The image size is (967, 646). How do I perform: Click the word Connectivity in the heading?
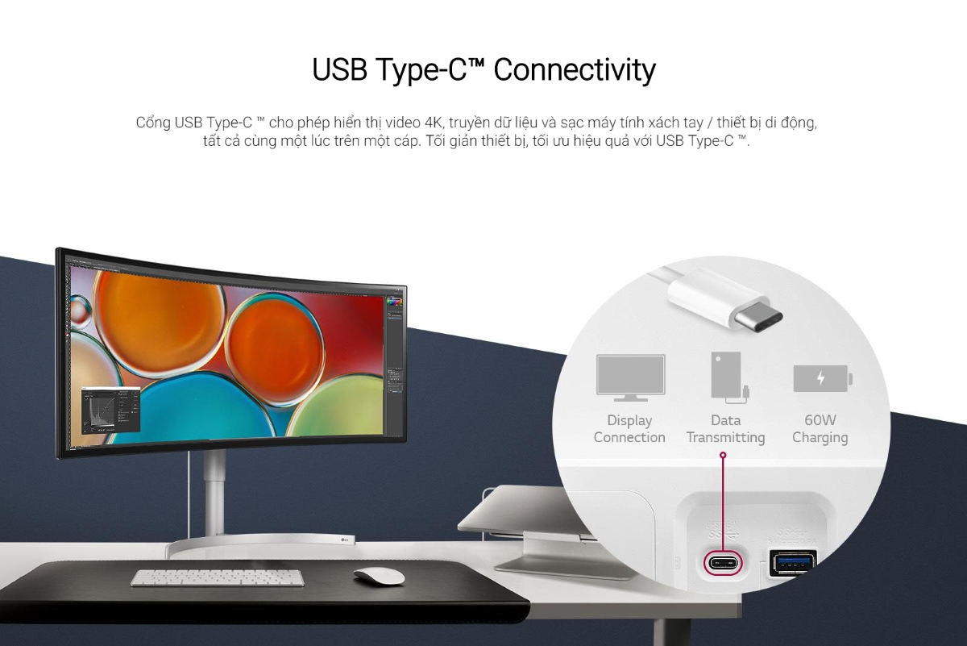(x=575, y=69)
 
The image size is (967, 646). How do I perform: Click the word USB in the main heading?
(x=340, y=69)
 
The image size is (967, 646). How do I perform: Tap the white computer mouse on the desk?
(x=379, y=576)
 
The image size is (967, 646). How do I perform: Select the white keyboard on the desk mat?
(x=217, y=577)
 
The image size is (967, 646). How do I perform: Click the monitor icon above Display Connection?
(x=630, y=377)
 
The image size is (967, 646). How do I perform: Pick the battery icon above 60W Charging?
(x=823, y=378)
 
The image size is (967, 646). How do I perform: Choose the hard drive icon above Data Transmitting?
(x=729, y=377)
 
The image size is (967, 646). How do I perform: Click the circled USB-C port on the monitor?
(x=723, y=563)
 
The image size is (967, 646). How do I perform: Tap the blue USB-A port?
(x=793, y=563)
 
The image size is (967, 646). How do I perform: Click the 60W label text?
(x=820, y=420)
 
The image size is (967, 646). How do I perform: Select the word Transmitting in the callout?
(x=726, y=437)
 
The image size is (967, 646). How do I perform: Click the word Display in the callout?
(x=629, y=420)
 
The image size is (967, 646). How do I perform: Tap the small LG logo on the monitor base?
(x=345, y=540)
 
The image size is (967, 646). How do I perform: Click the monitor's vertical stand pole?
(x=214, y=492)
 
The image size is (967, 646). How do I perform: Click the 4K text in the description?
(x=434, y=123)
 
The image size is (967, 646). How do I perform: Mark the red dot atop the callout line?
(x=723, y=455)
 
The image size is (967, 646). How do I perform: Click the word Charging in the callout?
(x=820, y=438)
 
